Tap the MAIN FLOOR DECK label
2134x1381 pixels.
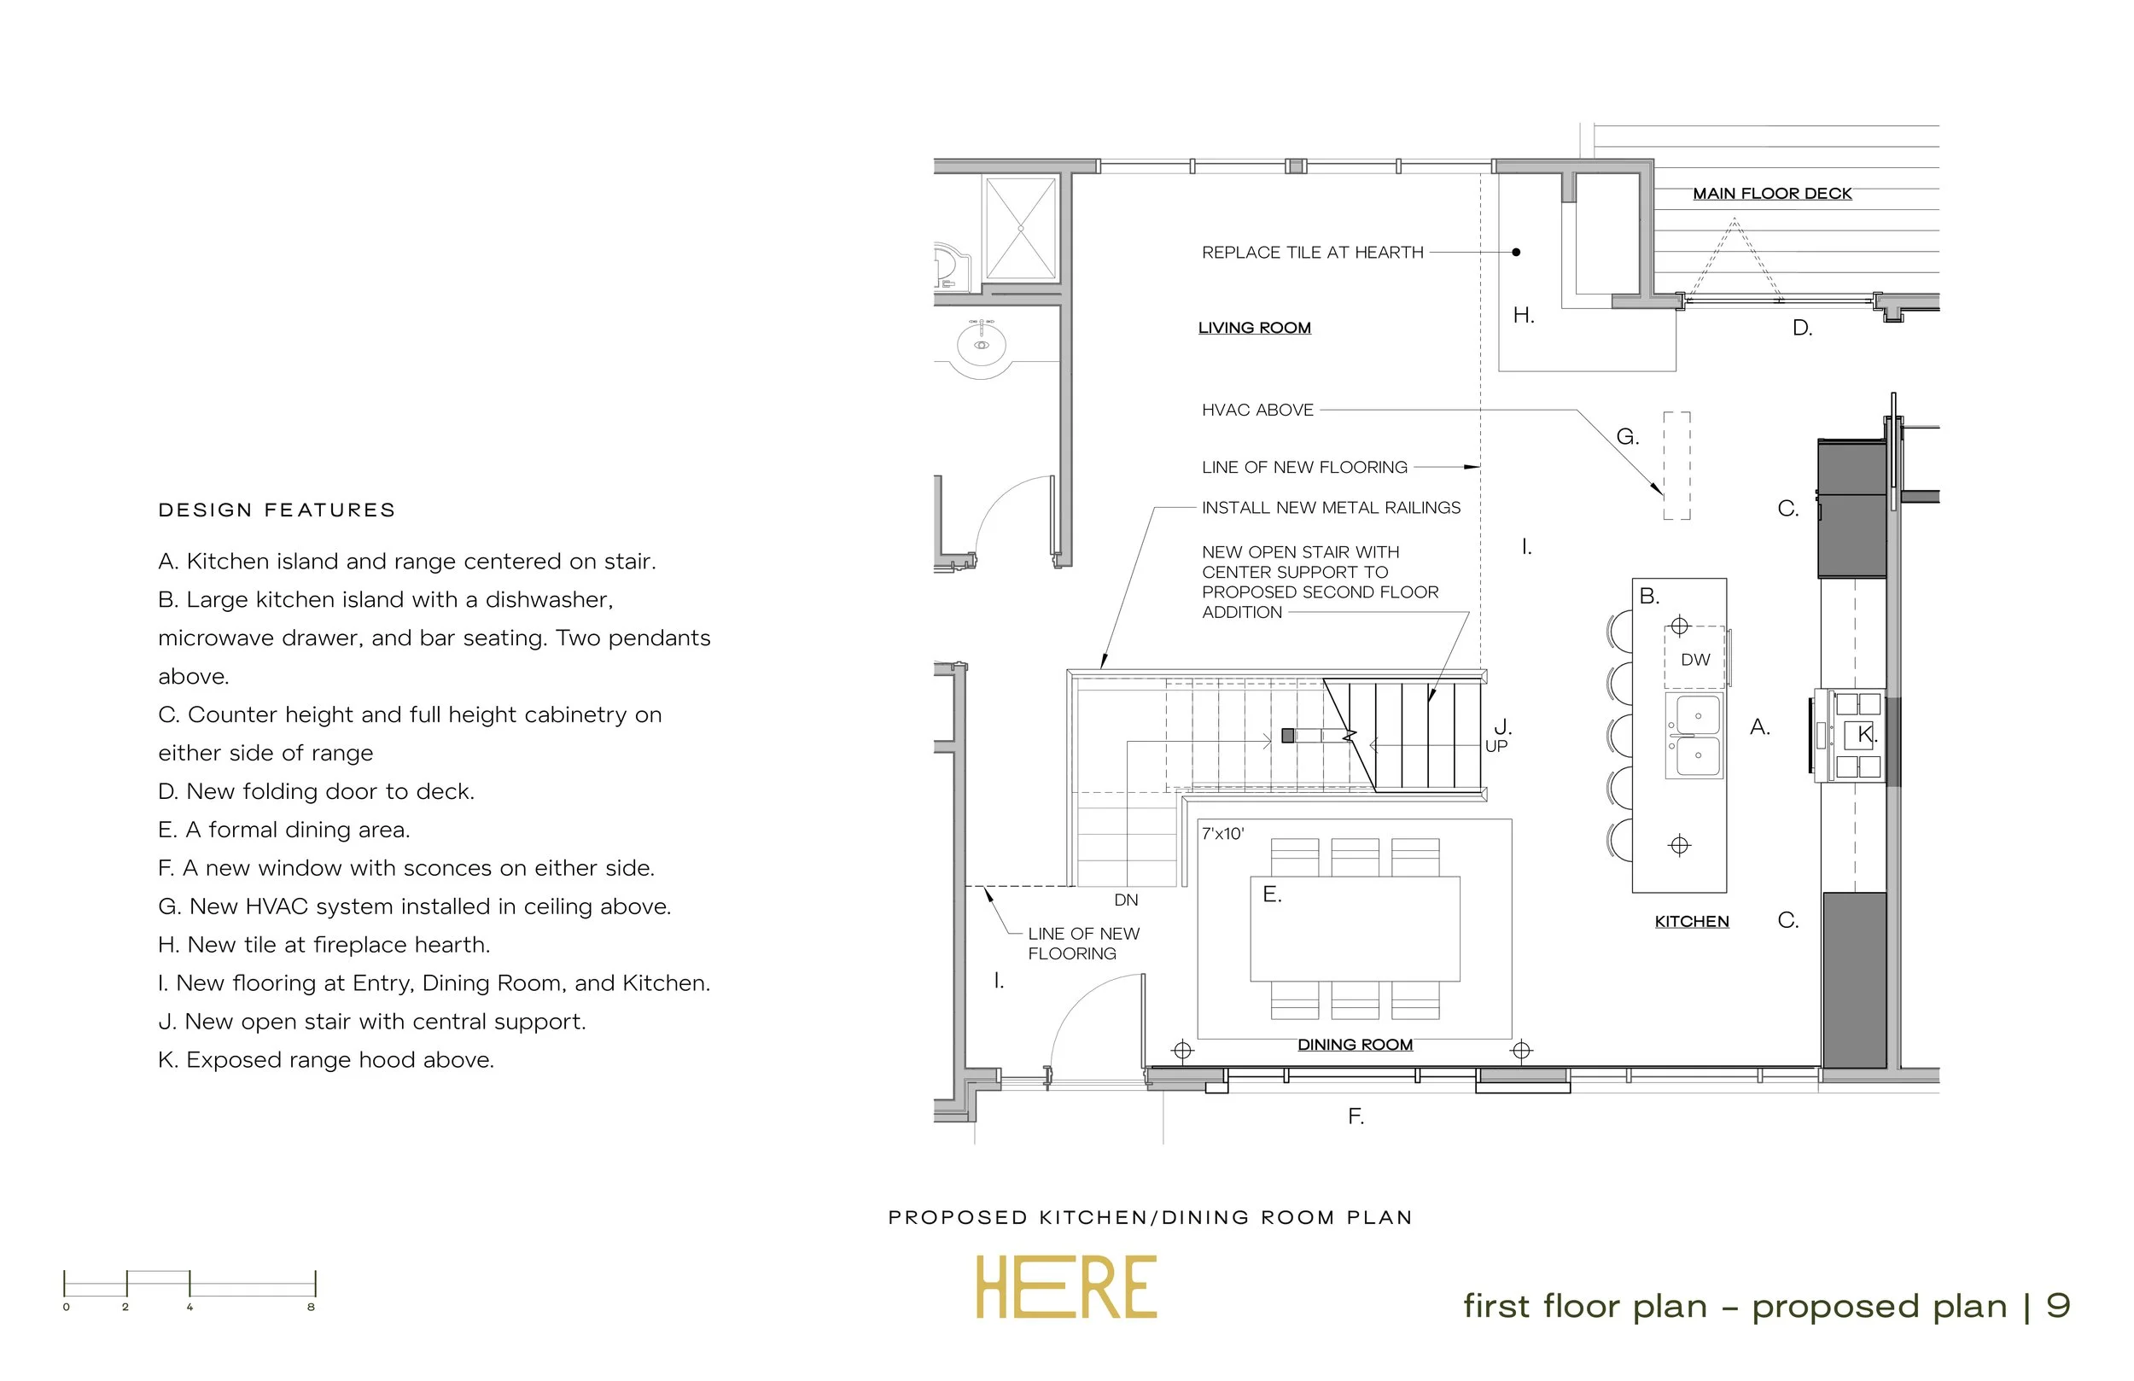(1772, 194)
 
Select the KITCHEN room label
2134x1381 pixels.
(1691, 922)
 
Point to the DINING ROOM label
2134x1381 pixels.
(1355, 1045)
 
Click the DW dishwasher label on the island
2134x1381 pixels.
(1694, 660)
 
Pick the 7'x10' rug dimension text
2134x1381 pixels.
(1222, 834)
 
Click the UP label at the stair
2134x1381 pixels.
(1496, 746)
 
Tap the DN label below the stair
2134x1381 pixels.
(1125, 900)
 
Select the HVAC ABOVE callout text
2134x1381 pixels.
(1257, 411)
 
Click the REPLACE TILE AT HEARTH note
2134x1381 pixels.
(1312, 253)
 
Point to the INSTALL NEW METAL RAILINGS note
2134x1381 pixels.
(1331, 509)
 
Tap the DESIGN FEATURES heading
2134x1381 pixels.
(277, 510)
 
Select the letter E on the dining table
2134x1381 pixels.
(1270, 894)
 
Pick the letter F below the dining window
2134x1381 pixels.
(1355, 1116)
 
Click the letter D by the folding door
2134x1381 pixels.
(1801, 329)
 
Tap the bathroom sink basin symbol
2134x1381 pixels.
(982, 344)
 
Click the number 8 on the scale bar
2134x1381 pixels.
(311, 1308)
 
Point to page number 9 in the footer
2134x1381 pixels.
(2058, 1306)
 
